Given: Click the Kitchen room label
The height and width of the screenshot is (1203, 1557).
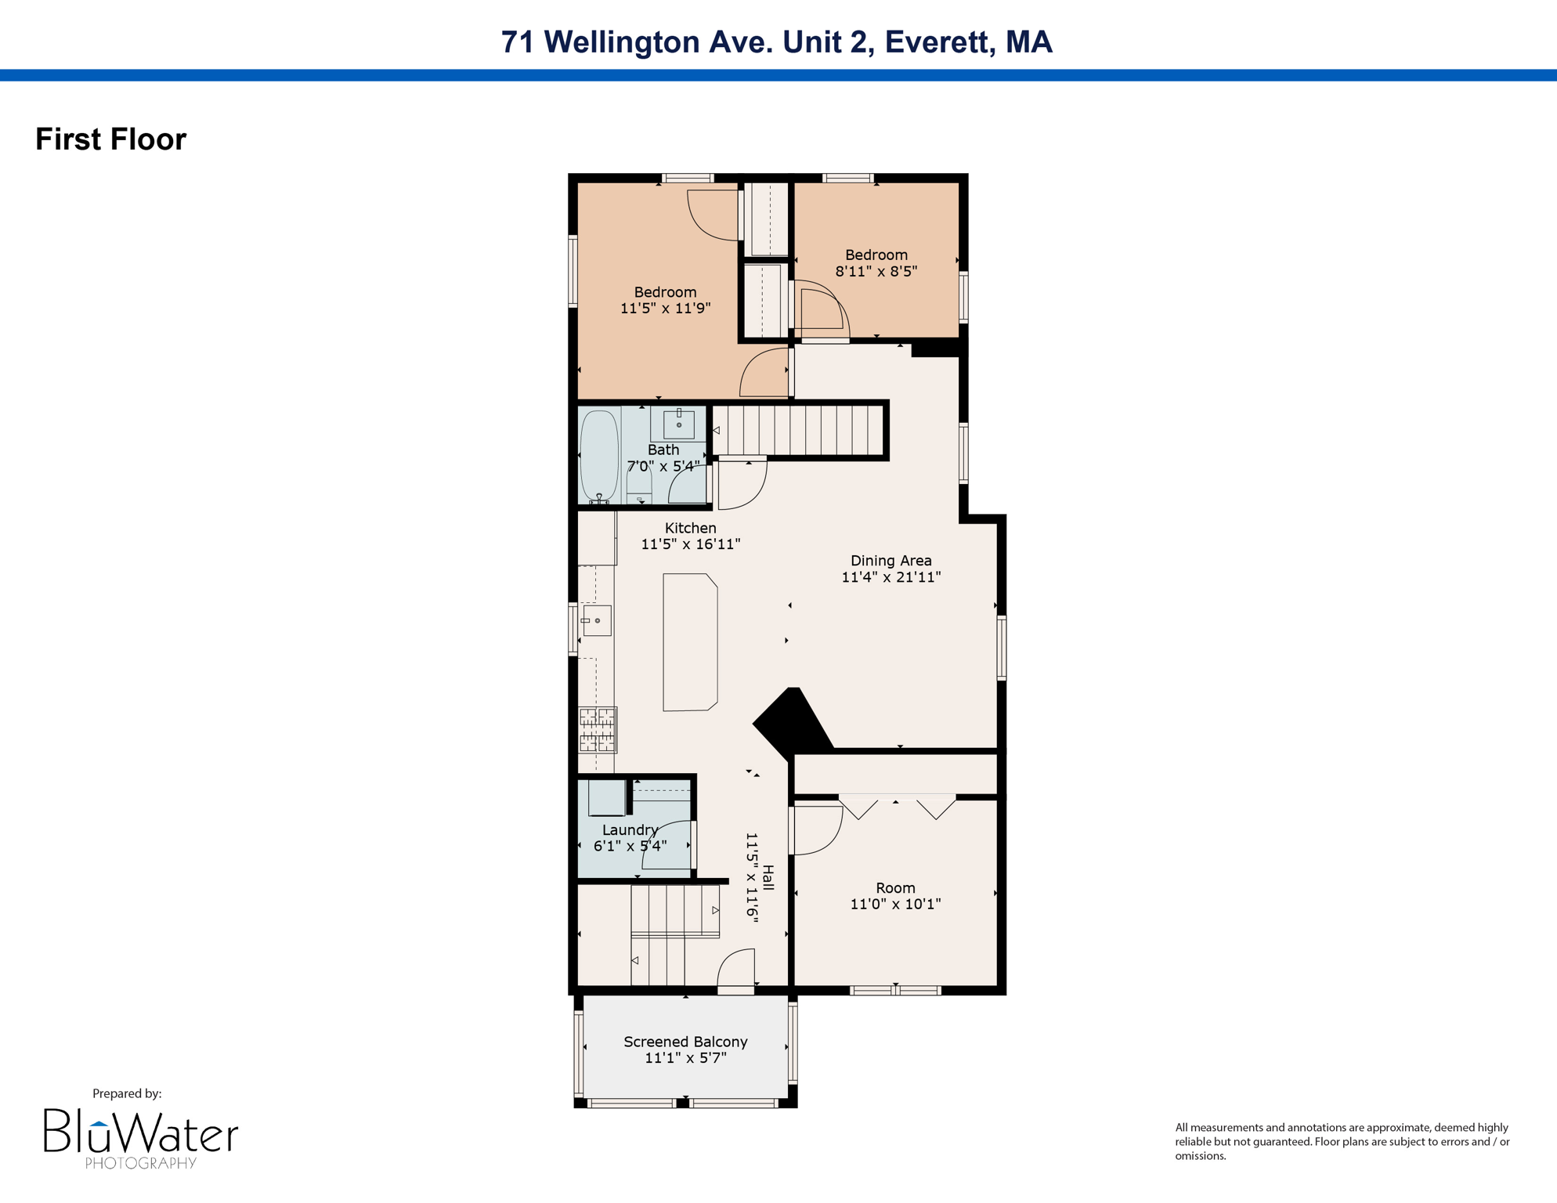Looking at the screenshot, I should click(x=690, y=528).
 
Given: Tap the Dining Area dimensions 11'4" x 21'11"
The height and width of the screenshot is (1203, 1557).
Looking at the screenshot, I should click(x=890, y=577).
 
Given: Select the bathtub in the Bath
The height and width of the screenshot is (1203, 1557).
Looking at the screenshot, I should click(x=599, y=455).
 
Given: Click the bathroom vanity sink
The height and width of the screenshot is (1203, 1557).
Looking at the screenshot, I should click(x=678, y=424).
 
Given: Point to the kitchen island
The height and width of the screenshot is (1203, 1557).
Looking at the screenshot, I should click(x=689, y=642).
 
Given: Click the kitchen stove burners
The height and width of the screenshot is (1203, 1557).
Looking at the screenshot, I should click(x=597, y=729).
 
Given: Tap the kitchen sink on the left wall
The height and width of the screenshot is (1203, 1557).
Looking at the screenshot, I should click(x=597, y=621).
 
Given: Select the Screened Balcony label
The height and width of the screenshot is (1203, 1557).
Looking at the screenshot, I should click(x=685, y=1042).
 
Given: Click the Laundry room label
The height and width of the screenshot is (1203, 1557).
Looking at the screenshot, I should click(x=630, y=830).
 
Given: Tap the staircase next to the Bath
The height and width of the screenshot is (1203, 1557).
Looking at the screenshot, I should click(x=799, y=430).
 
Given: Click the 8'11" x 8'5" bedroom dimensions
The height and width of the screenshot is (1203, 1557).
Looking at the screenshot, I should click(x=876, y=272).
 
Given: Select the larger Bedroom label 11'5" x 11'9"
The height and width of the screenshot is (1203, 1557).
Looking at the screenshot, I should click(x=665, y=300).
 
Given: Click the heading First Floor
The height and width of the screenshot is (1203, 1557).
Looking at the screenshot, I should click(x=110, y=139).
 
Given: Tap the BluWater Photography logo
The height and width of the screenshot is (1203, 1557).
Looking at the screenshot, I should click(x=140, y=1137).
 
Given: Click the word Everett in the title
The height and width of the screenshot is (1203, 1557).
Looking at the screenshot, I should click(x=936, y=42).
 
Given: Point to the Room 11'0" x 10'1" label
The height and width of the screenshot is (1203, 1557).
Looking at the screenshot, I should click(x=895, y=895).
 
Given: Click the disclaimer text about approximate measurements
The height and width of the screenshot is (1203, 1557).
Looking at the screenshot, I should click(x=1342, y=1141).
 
